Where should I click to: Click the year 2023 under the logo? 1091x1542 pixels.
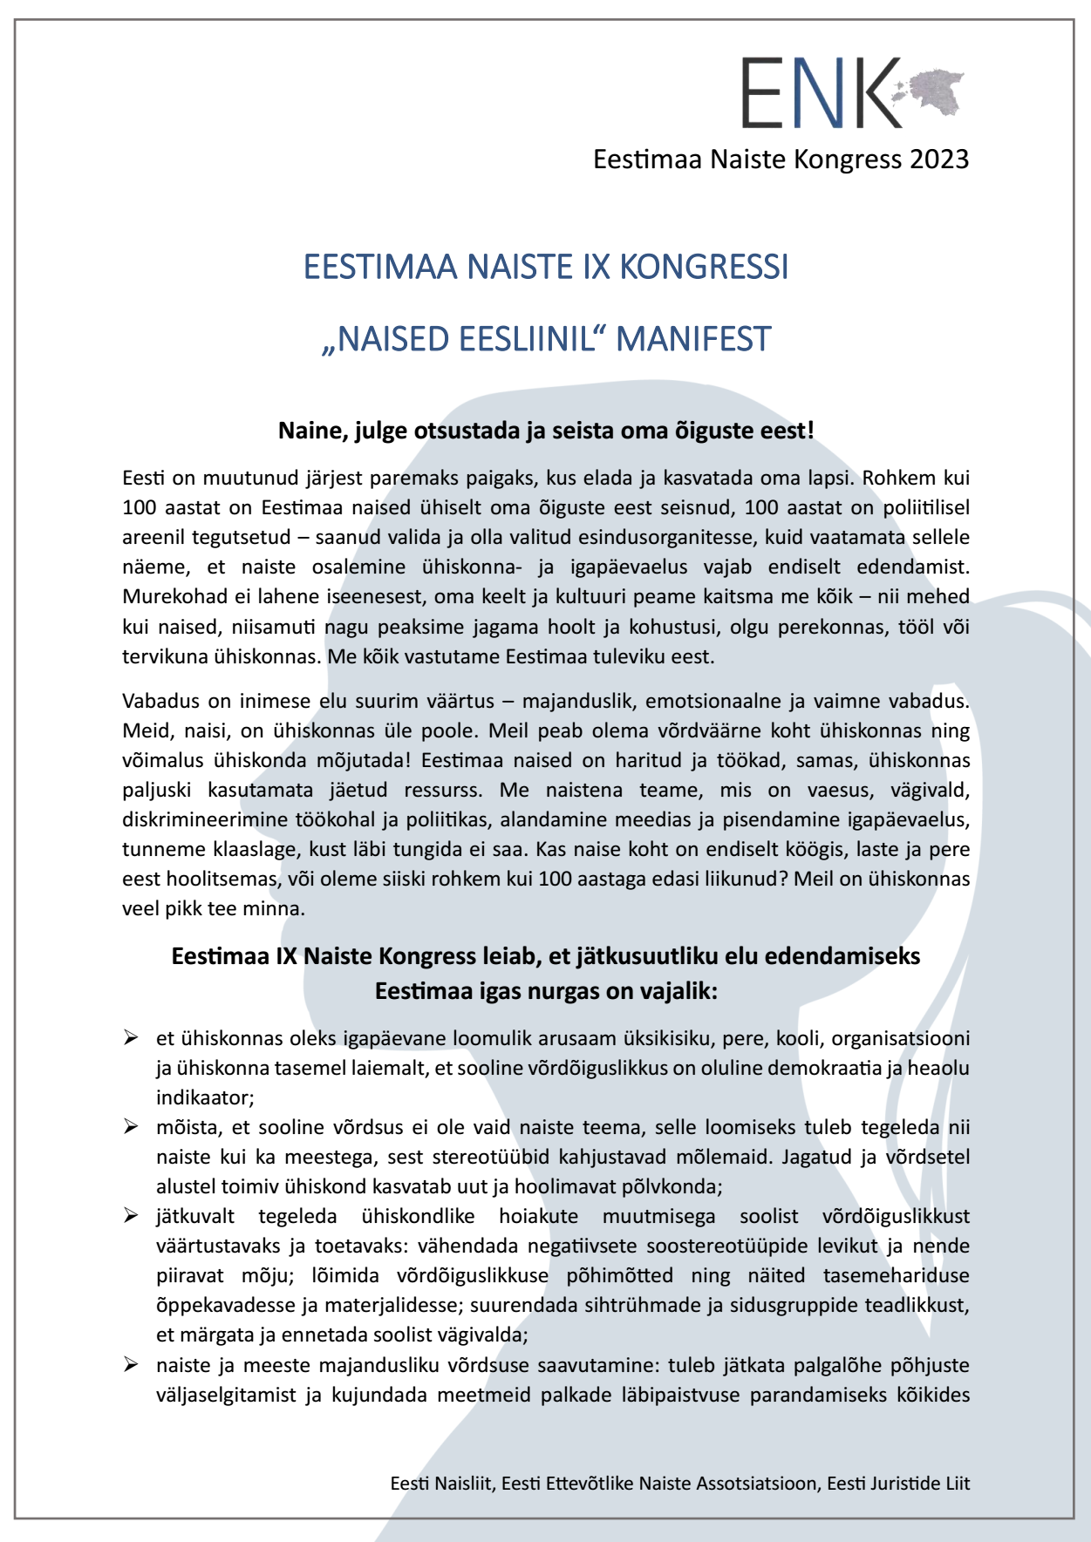click(939, 160)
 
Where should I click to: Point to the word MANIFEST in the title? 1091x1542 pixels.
click(693, 339)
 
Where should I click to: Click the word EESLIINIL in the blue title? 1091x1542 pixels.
click(518, 339)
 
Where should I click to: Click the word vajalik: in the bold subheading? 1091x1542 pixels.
click(677, 991)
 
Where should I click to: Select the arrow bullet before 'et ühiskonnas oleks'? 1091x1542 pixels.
click(131, 1037)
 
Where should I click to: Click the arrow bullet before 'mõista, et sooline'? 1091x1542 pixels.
click(131, 1126)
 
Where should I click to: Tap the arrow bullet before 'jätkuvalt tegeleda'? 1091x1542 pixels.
click(131, 1215)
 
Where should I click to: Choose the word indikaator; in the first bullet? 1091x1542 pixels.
click(206, 1097)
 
